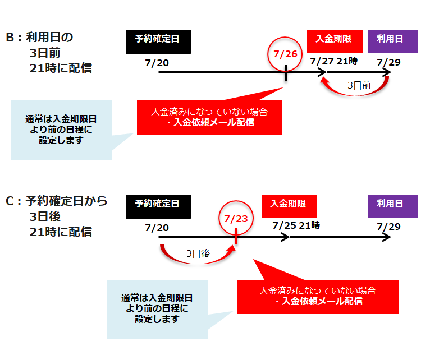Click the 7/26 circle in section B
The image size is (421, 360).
pos(285,54)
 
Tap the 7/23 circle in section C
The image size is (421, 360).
pos(236,218)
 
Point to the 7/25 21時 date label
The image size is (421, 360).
pos(296,225)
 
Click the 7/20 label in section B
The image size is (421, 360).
pos(157,62)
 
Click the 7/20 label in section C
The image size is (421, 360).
pos(157,227)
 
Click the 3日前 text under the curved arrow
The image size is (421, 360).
pos(359,86)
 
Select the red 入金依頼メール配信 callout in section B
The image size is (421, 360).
pos(209,117)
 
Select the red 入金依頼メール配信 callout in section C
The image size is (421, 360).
pos(318,296)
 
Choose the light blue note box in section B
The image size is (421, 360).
pos(61,130)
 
